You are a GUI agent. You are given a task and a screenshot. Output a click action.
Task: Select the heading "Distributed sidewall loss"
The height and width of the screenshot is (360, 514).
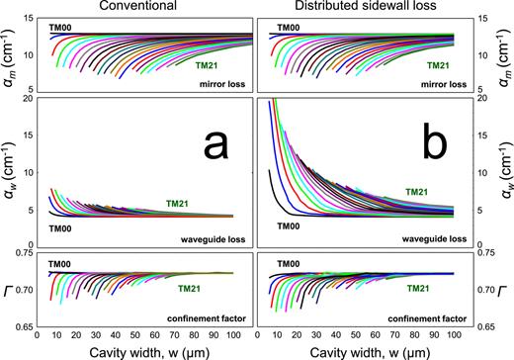(x=369, y=8)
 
